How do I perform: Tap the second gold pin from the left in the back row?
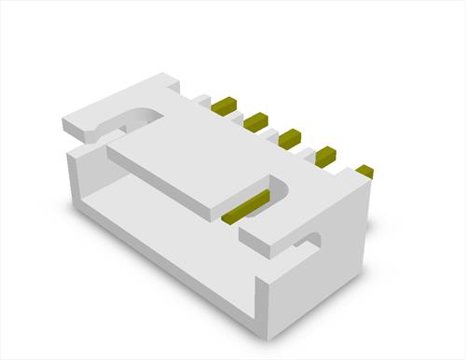(x=256, y=119)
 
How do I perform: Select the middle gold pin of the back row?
(x=290, y=136)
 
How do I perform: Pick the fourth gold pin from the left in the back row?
(x=324, y=154)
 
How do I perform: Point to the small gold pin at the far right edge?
(x=364, y=171)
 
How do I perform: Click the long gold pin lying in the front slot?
(x=246, y=206)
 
